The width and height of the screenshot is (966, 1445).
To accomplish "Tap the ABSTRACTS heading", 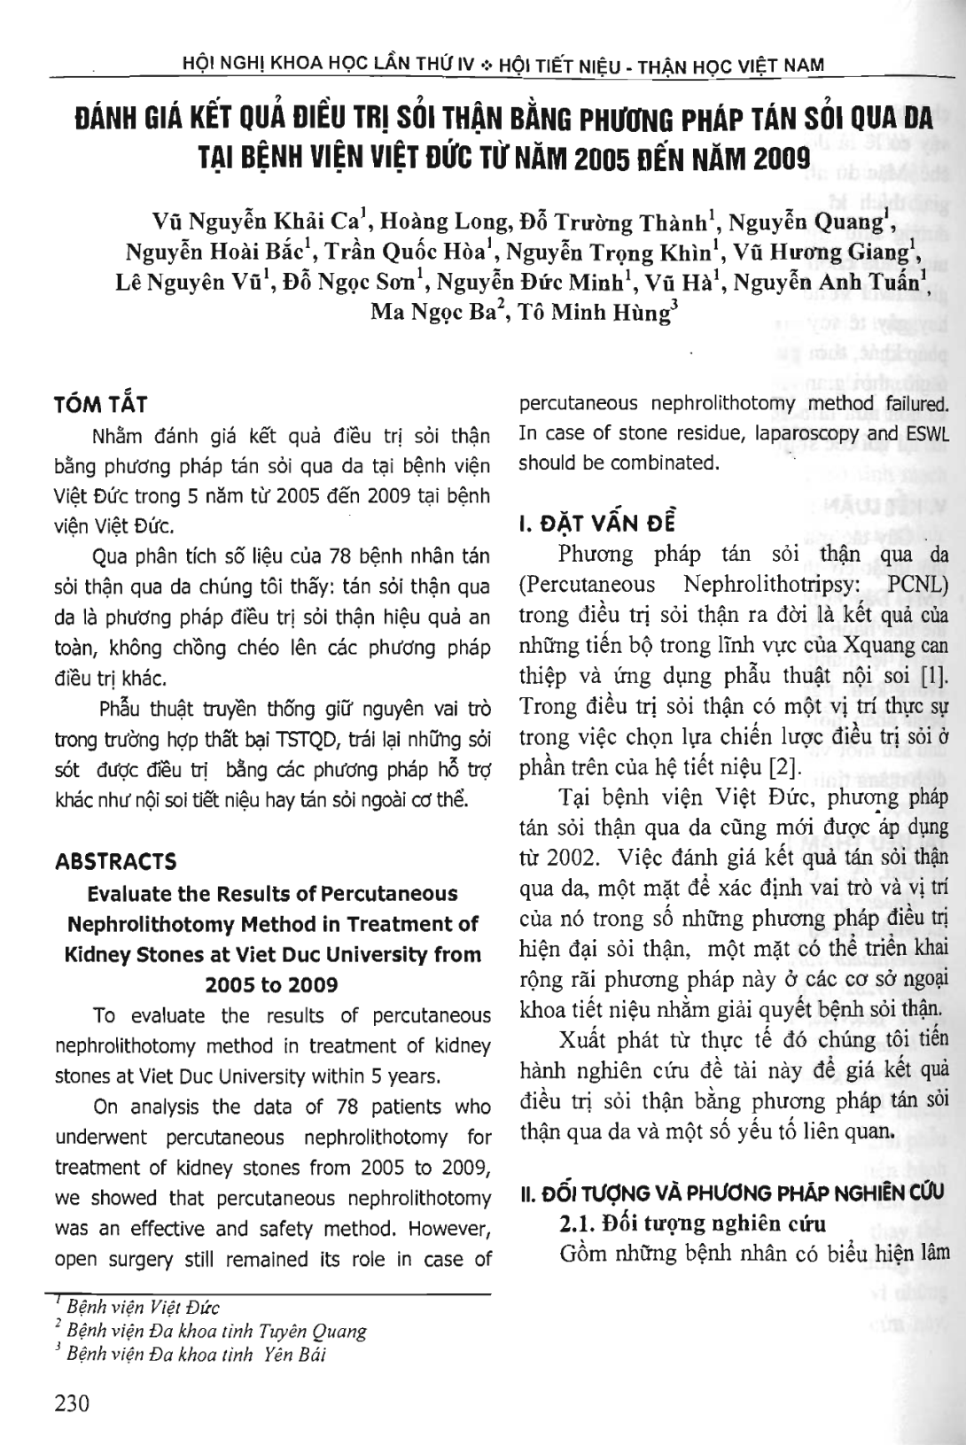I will point(115,861).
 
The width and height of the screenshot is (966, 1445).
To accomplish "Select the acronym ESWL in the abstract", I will point(925,433).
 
